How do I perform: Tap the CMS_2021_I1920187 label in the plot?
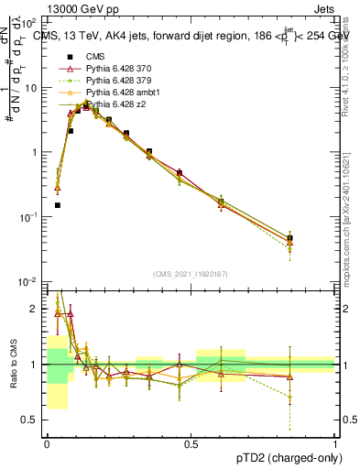pyautogui.click(x=190, y=273)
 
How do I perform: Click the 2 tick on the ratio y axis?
pyautogui.click(x=34, y=309)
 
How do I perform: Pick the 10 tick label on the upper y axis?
pyautogui.click(x=31, y=88)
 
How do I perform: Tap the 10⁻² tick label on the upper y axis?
pyautogui.click(x=29, y=281)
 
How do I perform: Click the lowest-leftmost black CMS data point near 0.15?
pyautogui.click(x=57, y=205)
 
